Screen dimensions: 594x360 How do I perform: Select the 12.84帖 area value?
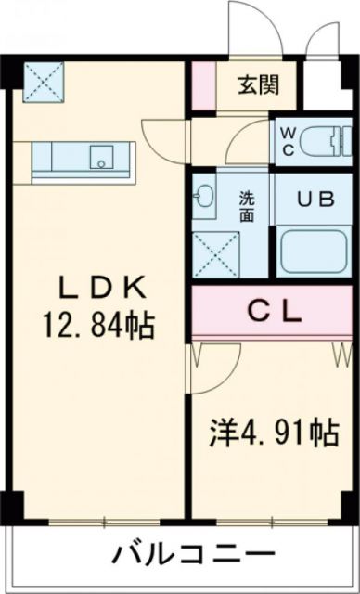tap(96, 327)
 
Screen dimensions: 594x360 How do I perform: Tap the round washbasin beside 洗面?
tap(206, 197)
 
